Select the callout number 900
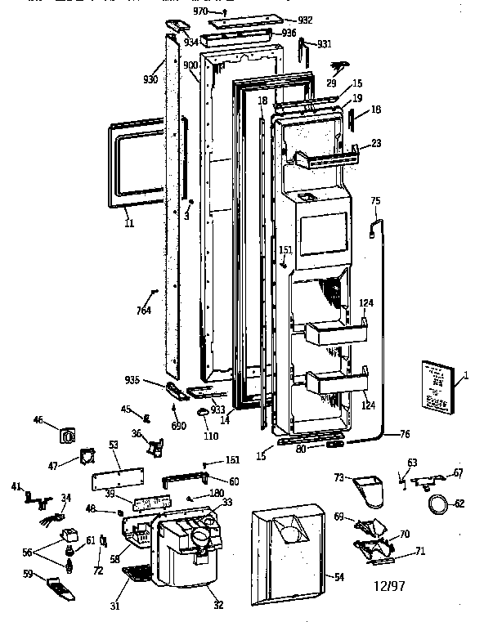(x=190, y=65)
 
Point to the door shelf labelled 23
(x=331, y=156)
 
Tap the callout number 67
(x=459, y=473)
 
